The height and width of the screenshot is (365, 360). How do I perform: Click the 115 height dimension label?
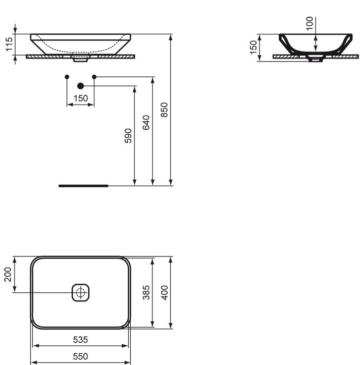click(x=9, y=44)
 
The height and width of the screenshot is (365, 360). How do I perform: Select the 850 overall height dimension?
click(x=165, y=110)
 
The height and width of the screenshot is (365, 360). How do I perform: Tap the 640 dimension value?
click(x=146, y=123)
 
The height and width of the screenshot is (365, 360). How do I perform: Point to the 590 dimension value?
click(x=128, y=136)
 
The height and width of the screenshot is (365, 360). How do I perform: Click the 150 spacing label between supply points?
click(x=81, y=98)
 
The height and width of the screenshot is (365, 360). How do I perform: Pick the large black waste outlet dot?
click(x=80, y=86)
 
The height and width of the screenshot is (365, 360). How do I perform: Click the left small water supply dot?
click(x=67, y=77)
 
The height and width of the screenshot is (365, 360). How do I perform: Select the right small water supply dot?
click(x=94, y=77)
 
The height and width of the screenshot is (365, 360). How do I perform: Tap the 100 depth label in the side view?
click(x=310, y=23)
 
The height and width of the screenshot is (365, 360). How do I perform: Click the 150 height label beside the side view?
click(x=253, y=47)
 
